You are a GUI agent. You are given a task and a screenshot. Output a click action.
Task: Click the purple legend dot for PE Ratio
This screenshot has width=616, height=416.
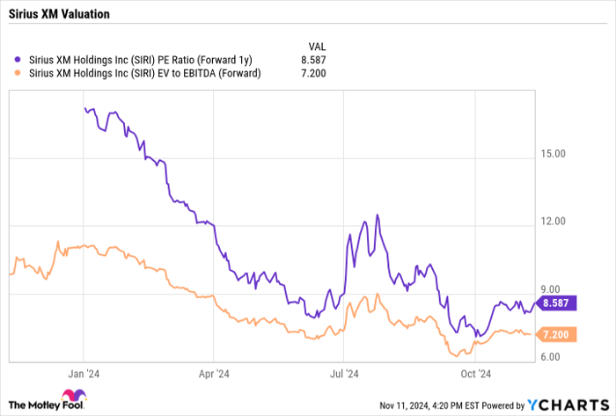(x=18, y=59)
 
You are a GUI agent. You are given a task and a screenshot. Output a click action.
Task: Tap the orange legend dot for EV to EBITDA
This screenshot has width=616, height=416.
(x=18, y=73)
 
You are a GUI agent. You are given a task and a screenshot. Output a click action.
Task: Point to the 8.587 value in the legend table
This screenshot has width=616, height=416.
(x=314, y=59)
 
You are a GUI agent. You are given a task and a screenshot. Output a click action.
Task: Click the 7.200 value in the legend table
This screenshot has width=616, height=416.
(x=314, y=73)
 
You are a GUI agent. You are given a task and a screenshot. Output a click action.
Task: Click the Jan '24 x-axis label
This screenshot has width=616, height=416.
(x=84, y=373)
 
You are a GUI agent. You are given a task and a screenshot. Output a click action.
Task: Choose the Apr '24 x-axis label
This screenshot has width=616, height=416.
(x=215, y=373)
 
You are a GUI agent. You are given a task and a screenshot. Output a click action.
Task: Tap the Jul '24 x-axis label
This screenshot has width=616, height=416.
(x=344, y=373)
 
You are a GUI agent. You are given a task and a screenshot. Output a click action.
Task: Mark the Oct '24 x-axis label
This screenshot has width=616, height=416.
(x=475, y=373)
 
